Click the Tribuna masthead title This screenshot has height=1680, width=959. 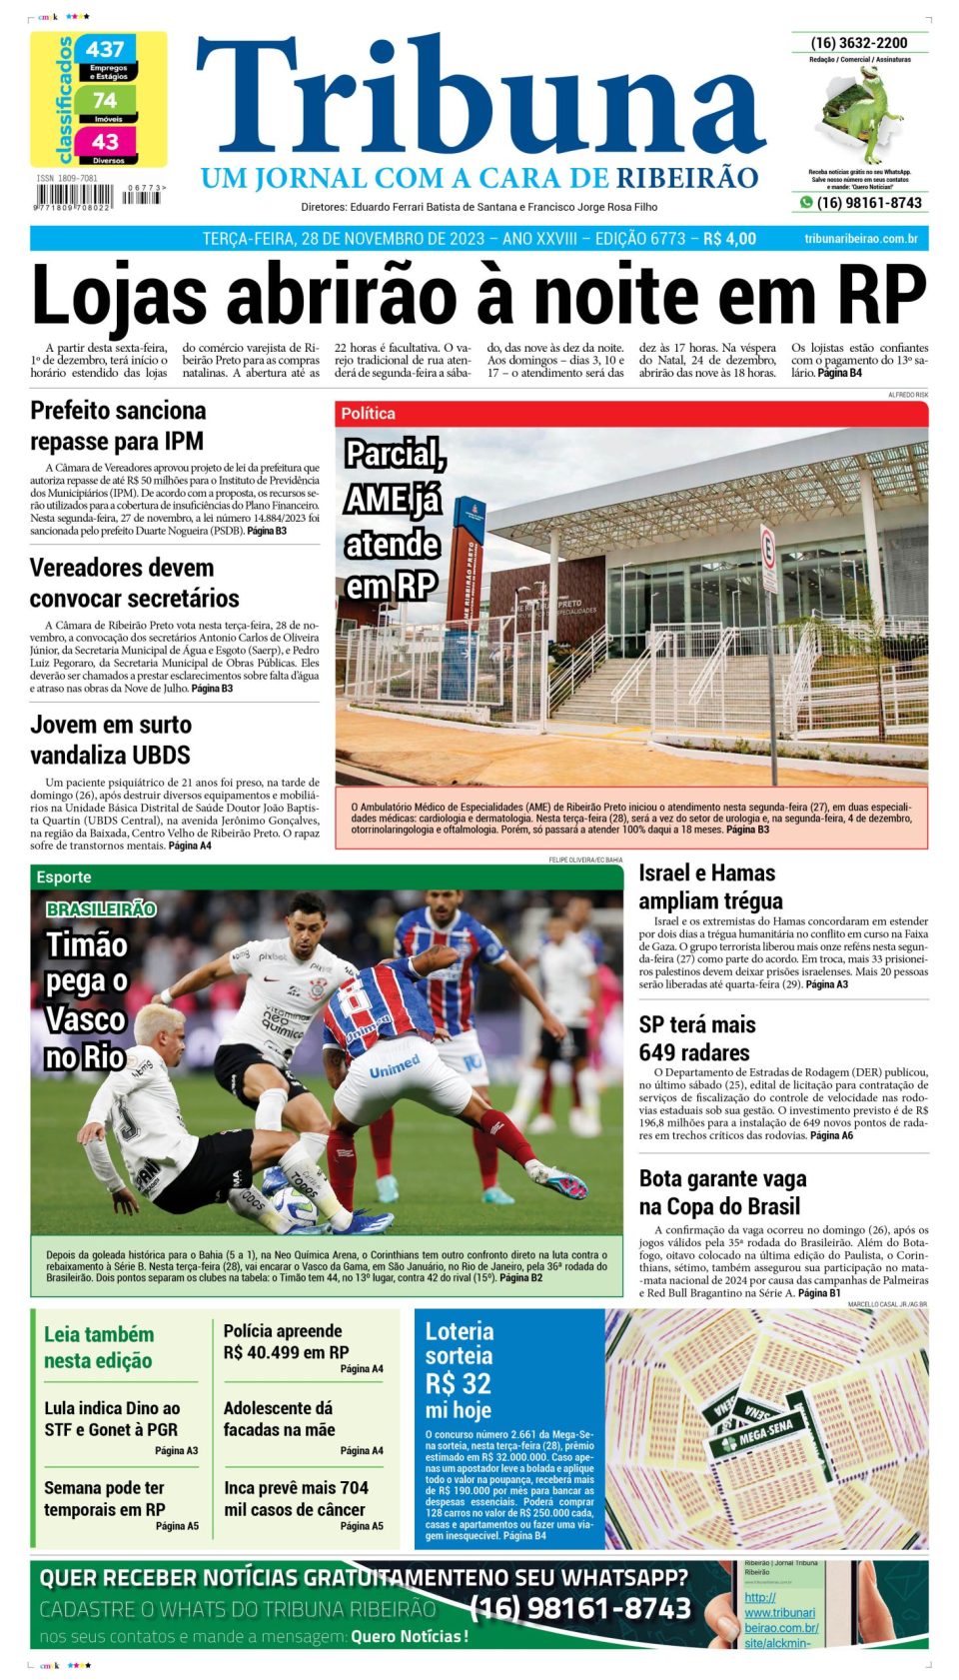(479, 100)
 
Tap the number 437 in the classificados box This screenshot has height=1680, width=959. (105, 49)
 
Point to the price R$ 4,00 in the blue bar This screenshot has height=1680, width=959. (729, 239)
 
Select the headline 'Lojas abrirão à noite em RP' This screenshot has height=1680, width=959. (479, 295)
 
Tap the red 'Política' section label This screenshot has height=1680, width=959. (368, 414)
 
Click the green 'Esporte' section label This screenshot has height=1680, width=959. (64, 876)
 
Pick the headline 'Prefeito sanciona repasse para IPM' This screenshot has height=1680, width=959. (118, 426)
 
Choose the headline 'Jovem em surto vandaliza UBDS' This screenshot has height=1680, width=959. (110, 740)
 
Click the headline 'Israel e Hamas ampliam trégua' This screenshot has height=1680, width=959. (710, 886)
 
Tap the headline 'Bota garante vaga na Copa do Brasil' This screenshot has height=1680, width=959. (722, 1192)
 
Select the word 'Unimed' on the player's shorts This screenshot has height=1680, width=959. (395, 1068)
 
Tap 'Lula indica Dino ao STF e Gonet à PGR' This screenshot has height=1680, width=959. (112, 1418)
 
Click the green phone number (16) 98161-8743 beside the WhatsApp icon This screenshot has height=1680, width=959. (869, 203)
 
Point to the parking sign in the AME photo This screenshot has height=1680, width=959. (767, 547)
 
